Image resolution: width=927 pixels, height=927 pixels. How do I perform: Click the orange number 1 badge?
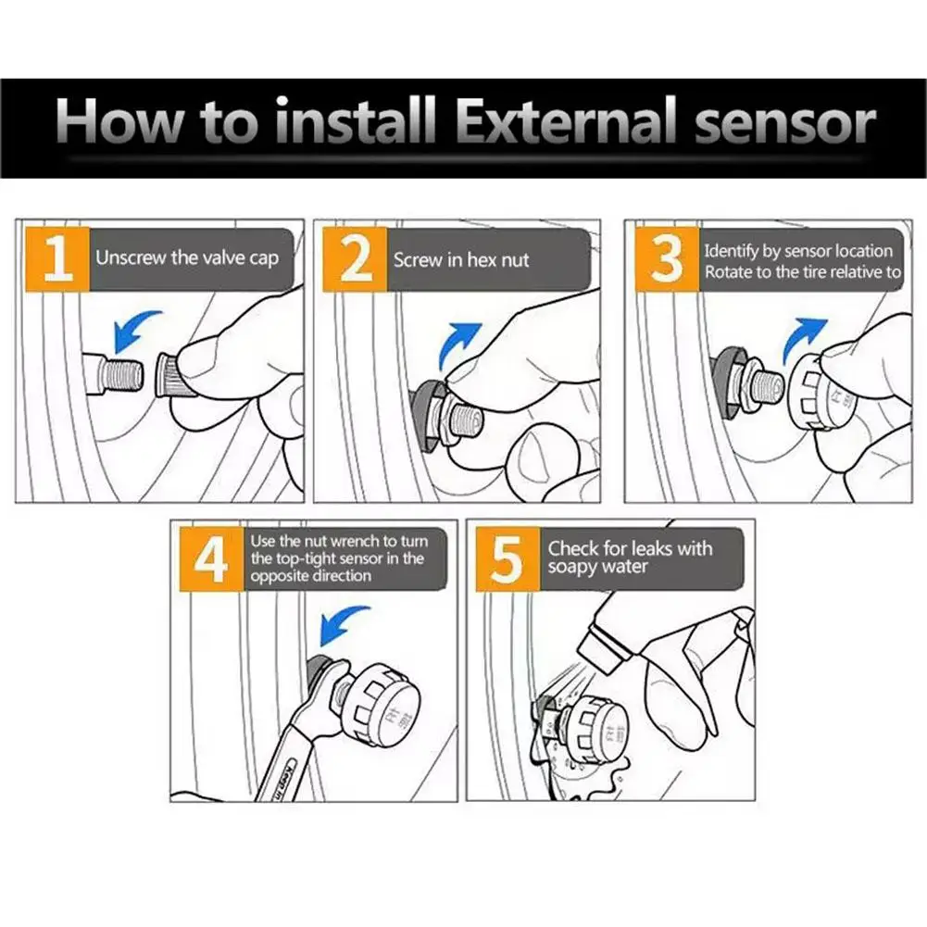(x=57, y=259)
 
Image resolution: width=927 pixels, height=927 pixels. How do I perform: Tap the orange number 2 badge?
(x=355, y=259)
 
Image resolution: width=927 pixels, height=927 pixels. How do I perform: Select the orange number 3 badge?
(x=667, y=259)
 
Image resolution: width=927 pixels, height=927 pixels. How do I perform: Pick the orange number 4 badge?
(x=212, y=558)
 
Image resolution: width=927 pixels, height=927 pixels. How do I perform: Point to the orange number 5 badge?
(x=507, y=558)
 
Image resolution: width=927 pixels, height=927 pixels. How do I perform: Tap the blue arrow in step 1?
(x=133, y=330)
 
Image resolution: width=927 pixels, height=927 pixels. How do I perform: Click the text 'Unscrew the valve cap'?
(x=187, y=258)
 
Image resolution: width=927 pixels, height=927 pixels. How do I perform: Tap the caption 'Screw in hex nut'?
(x=461, y=260)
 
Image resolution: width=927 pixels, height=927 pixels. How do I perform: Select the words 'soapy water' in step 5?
(x=597, y=568)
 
